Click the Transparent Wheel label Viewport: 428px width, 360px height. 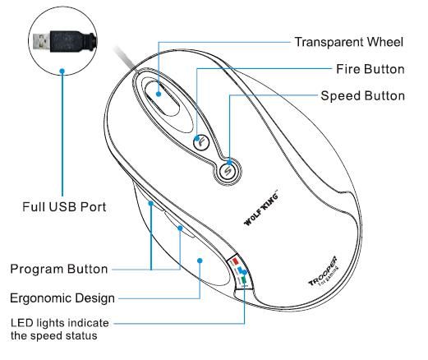pyautogui.click(x=349, y=42)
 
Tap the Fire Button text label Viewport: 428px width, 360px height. pyautogui.click(x=370, y=69)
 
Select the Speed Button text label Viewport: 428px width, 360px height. pyautogui.click(x=362, y=96)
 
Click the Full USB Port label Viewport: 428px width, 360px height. pyautogui.click(x=64, y=206)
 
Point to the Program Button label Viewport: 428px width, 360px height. pyautogui.click(x=59, y=269)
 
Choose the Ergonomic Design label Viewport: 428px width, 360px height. pyautogui.click(x=62, y=298)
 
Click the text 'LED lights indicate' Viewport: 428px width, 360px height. pyautogui.click(x=60, y=323)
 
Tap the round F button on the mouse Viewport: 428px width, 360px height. pyautogui.click(x=201, y=142)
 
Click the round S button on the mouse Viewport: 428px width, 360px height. pyautogui.click(x=228, y=171)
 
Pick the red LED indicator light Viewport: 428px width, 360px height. pyautogui.click(x=235, y=259)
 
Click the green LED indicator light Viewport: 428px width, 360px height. pyautogui.click(x=244, y=281)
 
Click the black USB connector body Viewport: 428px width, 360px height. pyautogui.click(x=72, y=41)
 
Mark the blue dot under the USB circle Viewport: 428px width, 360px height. pyautogui.click(x=62, y=72)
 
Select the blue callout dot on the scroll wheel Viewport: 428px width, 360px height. pyautogui.click(x=159, y=94)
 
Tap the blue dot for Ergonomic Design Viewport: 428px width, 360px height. pyautogui.click(x=200, y=261)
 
